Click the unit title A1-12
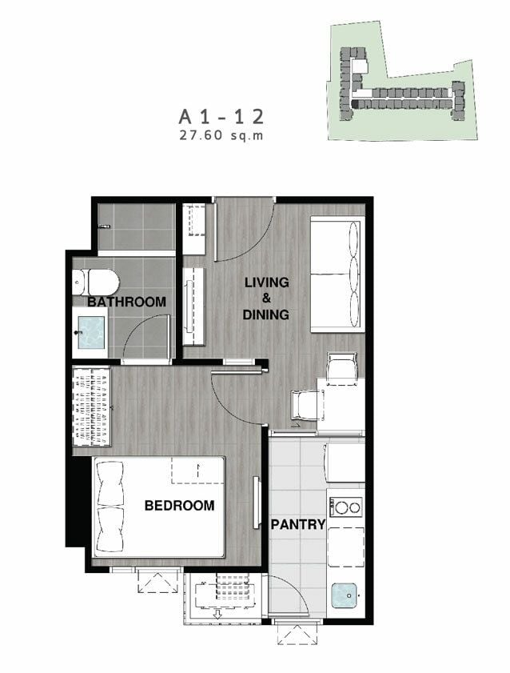(x=221, y=117)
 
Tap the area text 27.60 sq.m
(x=221, y=135)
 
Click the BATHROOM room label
(x=126, y=302)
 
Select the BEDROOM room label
(x=179, y=505)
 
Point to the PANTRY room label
(x=298, y=524)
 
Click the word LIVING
(x=266, y=282)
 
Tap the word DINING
(x=265, y=314)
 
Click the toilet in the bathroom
(x=96, y=282)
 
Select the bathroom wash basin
(x=90, y=332)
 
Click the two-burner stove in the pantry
(x=345, y=507)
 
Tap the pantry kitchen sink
(x=345, y=595)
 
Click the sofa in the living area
(x=337, y=274)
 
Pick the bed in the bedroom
(x=159, y=507)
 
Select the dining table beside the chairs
(x=341, y=405)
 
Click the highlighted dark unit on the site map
(x=355, y=104)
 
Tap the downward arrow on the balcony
(x=217, y=613)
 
